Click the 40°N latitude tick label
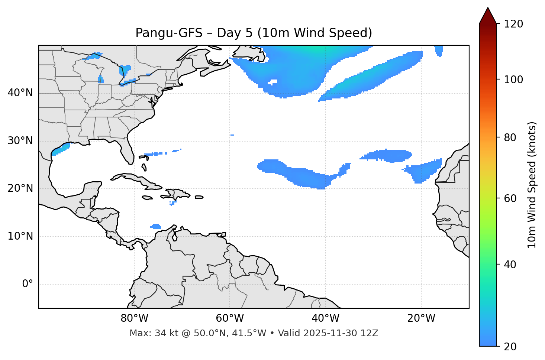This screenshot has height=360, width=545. click(x=20, y=93)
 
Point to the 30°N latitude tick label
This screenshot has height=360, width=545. click(x=20, y=141)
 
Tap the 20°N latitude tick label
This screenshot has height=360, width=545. click(x=20, y=188)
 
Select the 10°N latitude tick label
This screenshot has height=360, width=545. click(x=20, y=236)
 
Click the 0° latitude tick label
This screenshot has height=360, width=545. click(x=28, y=284)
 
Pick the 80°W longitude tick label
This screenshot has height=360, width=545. click(x=134, y=318)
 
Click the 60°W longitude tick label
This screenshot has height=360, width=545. click(x=230, y=318)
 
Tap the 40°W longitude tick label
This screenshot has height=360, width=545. click(x=325, y=318)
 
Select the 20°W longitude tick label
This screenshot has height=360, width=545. click(x=421, y=318)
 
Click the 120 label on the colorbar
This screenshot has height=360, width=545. click(x=513, y=24)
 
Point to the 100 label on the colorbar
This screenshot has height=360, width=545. click(x=513, y=80)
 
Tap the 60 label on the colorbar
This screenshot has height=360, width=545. click(x=511, y=198)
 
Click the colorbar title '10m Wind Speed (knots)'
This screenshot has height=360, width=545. click(x=532, y=185)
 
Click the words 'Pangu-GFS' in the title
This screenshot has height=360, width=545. click(x=168, y=33)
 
